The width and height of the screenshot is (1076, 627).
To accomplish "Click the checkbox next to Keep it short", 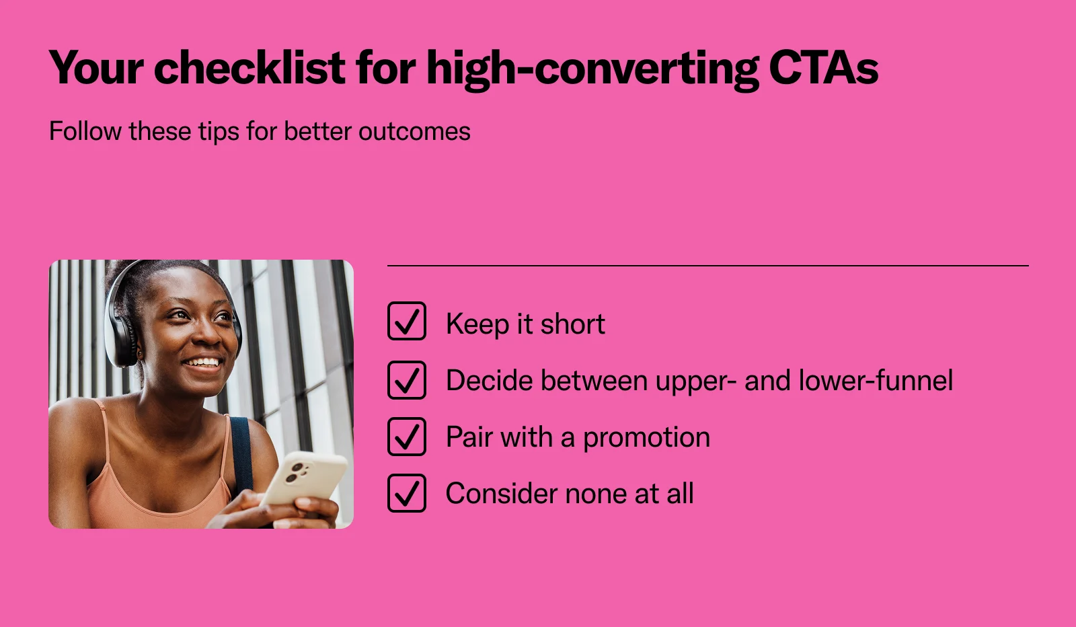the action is (407, 321).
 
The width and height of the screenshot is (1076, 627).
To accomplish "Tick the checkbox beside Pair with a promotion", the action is (407, 436).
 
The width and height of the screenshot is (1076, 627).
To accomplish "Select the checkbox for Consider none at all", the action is (407, 493).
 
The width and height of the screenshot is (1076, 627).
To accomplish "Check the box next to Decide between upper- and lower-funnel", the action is (407, 380).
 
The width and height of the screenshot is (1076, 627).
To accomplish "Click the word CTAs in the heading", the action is (823, 67).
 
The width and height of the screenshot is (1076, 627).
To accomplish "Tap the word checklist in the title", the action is (249, 67).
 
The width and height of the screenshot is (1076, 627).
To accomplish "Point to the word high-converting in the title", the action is (592, 70).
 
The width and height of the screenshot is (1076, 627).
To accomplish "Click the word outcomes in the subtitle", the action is (414, 131).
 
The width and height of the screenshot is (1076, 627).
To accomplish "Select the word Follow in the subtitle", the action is (85, 131).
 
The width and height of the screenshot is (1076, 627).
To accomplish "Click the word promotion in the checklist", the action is (646, 438).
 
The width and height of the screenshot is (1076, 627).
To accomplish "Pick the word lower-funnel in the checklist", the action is (876, 380).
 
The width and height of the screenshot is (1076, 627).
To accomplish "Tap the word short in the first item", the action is (572, 324).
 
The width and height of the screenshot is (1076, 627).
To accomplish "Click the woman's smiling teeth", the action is (204, 362).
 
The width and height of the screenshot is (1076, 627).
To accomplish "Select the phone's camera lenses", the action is (295, 472).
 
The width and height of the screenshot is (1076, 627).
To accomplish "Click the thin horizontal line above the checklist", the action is (708, 265).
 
